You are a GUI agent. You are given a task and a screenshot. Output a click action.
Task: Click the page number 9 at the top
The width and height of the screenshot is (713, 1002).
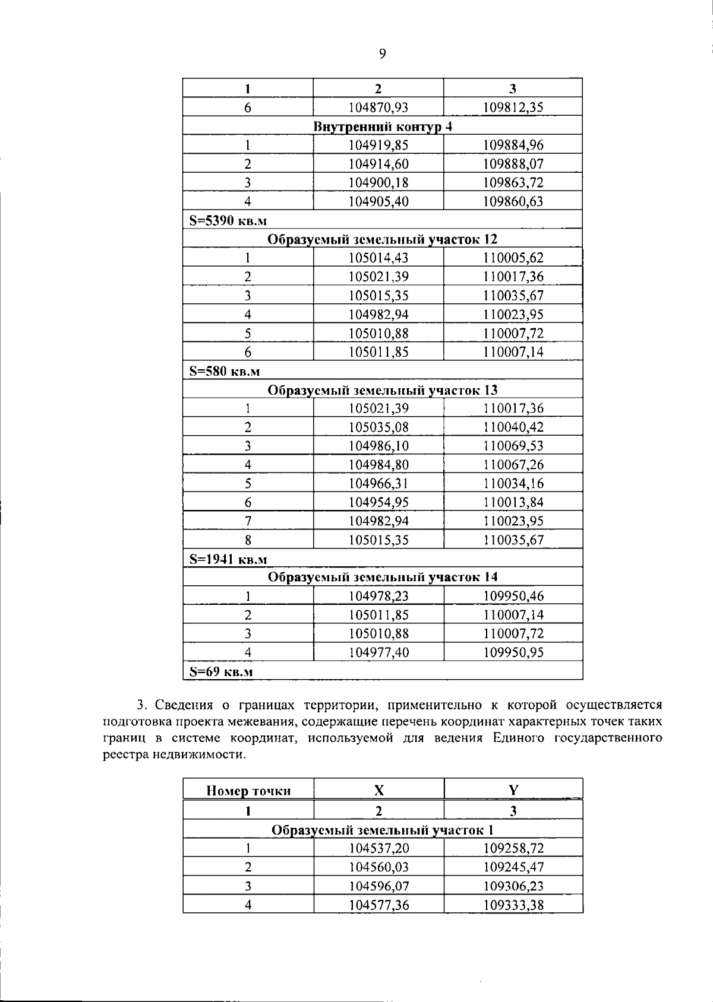[382, 54]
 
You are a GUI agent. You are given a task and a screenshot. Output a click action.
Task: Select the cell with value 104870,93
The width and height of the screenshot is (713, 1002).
[378, 107]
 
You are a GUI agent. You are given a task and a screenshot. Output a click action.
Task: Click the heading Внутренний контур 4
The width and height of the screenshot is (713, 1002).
[382, 126]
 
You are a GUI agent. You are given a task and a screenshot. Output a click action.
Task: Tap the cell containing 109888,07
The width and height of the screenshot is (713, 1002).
[513, 164]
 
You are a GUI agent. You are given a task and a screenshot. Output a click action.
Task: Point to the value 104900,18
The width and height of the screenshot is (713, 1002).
[378, 183]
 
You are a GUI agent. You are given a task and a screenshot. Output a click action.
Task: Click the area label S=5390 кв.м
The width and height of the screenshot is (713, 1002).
[228, 221]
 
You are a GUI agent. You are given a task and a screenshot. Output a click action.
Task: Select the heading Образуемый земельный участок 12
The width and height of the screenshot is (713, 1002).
[382, 239]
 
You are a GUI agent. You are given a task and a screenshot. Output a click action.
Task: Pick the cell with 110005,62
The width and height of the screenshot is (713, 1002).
[513, 258]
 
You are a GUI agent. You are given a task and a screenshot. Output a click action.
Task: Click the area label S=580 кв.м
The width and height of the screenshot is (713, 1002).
[225, 372]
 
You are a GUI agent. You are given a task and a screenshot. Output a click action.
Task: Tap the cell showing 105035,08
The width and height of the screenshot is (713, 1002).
[378, 427]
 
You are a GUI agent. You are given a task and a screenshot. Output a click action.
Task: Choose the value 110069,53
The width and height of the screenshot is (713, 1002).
[513, 446]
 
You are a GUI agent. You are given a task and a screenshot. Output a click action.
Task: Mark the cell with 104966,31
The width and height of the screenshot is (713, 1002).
[378, 483]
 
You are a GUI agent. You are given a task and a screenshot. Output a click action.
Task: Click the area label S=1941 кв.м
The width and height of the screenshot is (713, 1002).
[228, 559]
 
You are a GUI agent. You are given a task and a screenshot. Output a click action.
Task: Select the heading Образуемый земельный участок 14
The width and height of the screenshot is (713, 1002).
[382, 577]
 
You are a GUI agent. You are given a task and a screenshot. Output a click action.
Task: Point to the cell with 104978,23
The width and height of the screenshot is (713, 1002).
[378, 596]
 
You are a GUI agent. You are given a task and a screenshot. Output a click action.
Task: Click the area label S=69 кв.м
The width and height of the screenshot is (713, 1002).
[221, 671]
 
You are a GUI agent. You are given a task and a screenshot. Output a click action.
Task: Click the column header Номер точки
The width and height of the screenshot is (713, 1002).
[248, 791]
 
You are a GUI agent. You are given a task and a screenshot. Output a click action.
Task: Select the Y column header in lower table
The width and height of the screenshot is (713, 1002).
[513, 789]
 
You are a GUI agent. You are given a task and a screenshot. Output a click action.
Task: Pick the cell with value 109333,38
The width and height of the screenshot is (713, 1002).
[513, 905]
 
